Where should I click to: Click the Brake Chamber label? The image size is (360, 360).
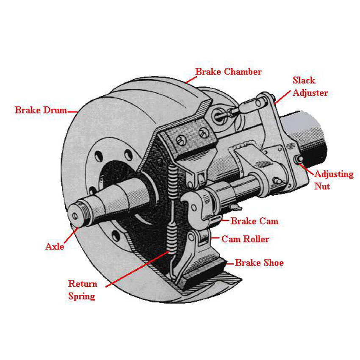[228, 72]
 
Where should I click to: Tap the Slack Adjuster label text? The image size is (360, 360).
[310, 86]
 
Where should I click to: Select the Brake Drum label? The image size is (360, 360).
[41, 110]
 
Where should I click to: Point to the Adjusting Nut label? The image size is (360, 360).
[334, 180]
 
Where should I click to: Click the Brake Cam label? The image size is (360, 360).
[255, 221]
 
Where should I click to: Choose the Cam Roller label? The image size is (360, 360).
[245, 239]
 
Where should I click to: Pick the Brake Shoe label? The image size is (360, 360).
[259, 263]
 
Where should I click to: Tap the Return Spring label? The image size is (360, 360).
[83, 290]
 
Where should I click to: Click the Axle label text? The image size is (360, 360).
[55, 246]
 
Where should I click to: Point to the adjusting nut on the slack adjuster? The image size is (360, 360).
[299, 159]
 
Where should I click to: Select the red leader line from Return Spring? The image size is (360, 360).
[138, 269]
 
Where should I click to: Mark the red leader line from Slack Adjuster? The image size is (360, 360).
[282, 97]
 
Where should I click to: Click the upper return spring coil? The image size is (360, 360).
[173, 181]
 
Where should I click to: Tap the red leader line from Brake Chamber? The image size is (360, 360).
[191, 80]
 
